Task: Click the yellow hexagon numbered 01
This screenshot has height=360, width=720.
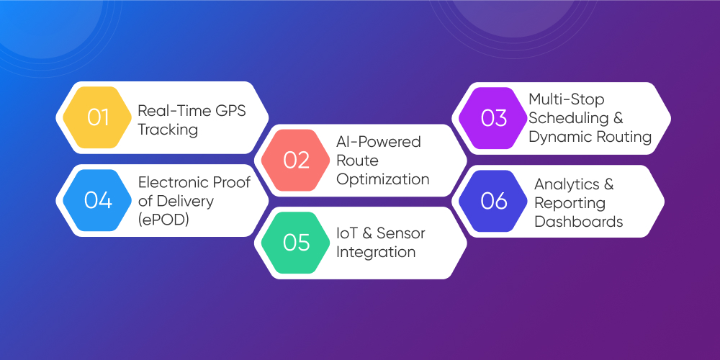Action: tap(98, 117)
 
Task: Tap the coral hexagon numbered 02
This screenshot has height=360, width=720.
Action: tap(296, 159)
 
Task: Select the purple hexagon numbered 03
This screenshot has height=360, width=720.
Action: tap(494, 117)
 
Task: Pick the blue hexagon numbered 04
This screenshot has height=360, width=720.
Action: tap(98, 201)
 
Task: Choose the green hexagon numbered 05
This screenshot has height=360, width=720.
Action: tap(296, 243)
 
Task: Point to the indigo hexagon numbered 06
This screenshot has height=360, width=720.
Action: tap(494, 201)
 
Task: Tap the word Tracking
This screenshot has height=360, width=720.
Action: tap(167, 129)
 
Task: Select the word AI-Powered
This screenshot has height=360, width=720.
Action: tap(379, 142)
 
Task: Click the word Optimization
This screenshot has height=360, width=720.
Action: tap(382, 179)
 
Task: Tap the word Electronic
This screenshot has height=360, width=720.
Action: tap(174, 182)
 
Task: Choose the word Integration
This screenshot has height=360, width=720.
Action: tap(376, 252)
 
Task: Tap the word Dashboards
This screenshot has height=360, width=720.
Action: tap(578, 221)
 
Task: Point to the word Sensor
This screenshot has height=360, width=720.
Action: tap(400, 233)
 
